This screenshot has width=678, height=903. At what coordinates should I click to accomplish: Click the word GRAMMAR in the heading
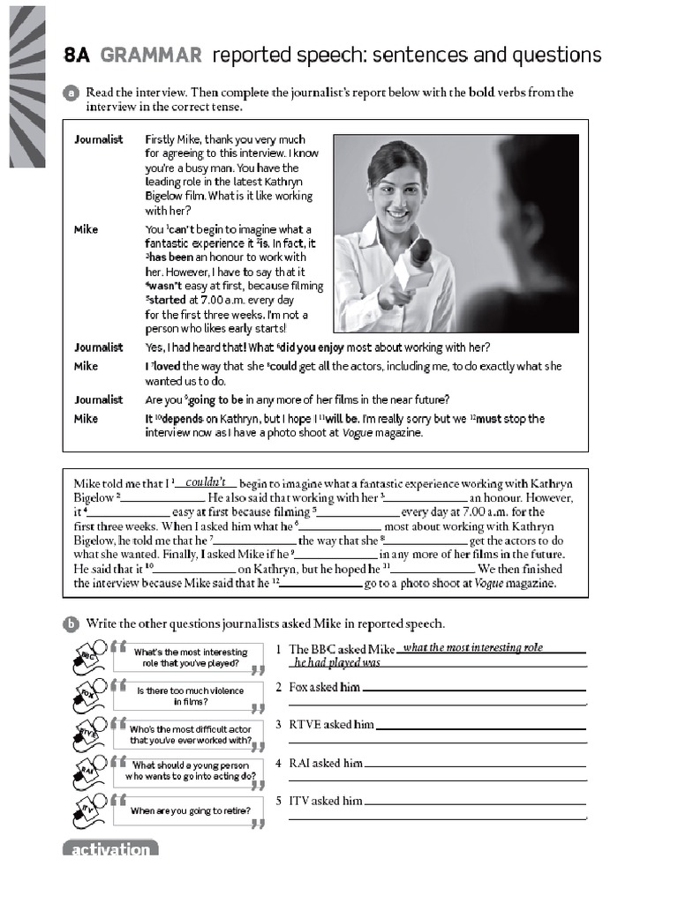click(150, 56)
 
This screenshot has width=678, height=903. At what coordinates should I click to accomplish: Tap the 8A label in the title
click(78, 56)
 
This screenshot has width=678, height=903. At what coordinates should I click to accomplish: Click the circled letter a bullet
click(71, 93)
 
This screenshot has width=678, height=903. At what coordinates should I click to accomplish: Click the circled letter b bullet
click(71, 624)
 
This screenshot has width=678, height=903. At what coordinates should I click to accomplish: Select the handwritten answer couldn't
click(206, 482)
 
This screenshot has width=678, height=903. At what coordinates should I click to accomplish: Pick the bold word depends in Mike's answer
click(180, 419)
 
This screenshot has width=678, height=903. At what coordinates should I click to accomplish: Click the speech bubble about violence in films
click(190, 696)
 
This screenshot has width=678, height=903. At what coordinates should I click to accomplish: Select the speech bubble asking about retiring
click(190, 810)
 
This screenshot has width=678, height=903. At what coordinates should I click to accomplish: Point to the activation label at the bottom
click(110, 849)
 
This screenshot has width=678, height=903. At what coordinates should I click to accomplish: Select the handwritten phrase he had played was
click(337, 662)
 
